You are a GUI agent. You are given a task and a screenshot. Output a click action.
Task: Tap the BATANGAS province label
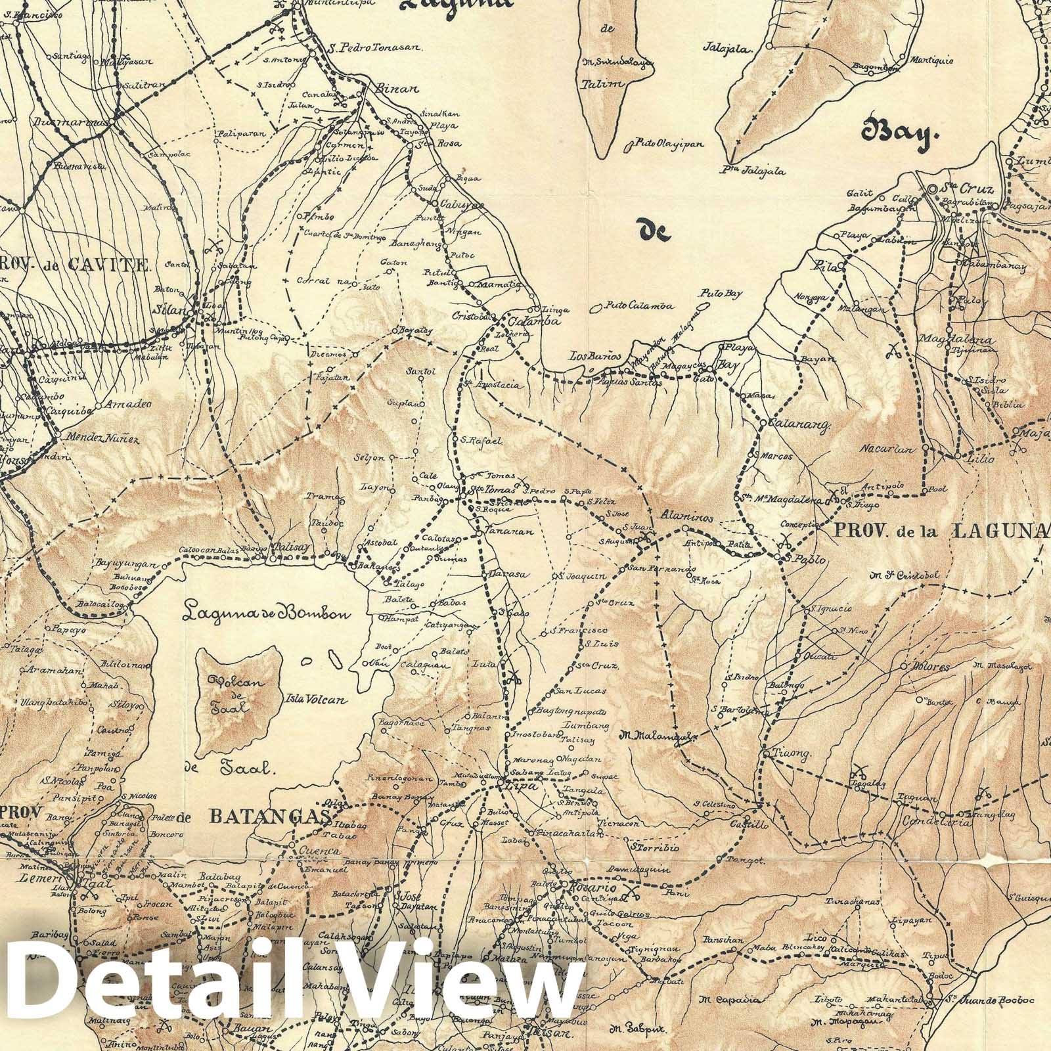[x=269, y=816]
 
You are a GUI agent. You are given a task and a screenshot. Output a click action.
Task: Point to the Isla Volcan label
[x=315, y=700]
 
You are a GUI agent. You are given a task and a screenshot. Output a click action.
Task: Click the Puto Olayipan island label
[x=658, y=142]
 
